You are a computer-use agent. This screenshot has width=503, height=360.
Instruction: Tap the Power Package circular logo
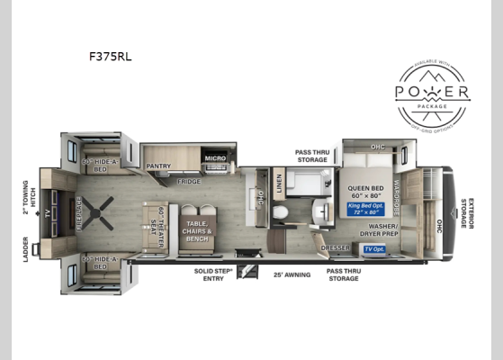point(432,93)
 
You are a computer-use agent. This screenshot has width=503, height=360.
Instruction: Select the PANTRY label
point(158,166)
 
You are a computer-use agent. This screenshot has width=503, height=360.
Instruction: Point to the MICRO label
point(214,159)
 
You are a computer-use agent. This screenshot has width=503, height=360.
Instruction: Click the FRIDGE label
point(189,181)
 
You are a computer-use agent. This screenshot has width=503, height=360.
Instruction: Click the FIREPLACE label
point(78,212)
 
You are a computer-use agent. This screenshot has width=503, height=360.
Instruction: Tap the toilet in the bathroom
point(281,212)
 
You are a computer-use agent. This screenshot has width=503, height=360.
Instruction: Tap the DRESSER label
point(334,246)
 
